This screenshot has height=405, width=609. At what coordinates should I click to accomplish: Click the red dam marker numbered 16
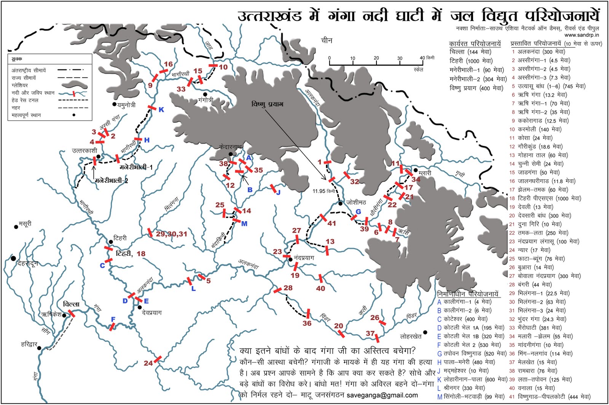[163, 71]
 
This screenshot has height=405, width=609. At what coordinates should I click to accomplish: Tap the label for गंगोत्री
[206, 100]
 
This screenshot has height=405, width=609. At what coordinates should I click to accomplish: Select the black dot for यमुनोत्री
[114, 104]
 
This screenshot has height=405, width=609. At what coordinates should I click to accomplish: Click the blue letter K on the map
[161, 110]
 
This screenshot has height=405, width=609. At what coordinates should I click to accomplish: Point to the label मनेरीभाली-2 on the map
[111, 180]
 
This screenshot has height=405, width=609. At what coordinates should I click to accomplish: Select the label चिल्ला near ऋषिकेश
[71, 304]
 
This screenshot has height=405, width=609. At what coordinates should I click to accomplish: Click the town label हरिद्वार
[29, 344]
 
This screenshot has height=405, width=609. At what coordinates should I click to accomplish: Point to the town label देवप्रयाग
[151, 313]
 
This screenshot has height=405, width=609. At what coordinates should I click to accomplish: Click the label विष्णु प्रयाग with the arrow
[267, 104]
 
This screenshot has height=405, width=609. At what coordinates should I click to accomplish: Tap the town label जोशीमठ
[356, 202]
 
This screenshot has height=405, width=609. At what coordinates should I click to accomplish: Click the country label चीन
[327, 40]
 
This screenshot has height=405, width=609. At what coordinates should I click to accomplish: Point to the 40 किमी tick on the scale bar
[422, 58]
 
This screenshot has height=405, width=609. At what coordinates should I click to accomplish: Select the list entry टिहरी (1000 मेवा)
[471, 61]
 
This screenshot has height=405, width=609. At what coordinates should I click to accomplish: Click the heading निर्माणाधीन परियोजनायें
[467, 294]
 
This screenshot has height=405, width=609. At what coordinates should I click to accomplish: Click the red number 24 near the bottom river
[148, 363]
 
